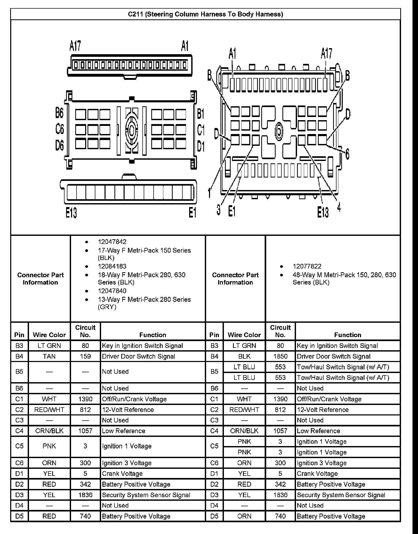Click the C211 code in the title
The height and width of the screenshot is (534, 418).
pyautogui.click(x=135, y=14)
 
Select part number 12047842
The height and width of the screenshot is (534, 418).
pyautogui.click(x=112, y=242)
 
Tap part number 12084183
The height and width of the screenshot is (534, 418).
pyautogui.click(x=112, y=266)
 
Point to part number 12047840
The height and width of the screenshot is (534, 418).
pyautogui.click(x=112, y=291)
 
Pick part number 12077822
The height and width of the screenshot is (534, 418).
pyautogui.click(x=307, y=266)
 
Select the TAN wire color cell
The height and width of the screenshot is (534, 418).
pyautogui.click(x=49, y=356)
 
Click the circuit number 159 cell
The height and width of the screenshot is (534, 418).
pyautogui.click(x=85, y=356)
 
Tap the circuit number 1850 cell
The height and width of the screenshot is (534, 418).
pyautogui.click(x=280, y=356)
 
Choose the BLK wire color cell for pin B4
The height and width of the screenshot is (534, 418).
pyautogui.click(x=244, y=356)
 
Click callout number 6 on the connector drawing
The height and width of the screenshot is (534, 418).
pyautogui.click(x=347, y=154)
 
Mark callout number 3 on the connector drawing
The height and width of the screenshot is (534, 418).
pyautogui.click(x=218, y=209)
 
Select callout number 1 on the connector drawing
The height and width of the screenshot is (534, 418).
pyautogui.click(x=210, y=193)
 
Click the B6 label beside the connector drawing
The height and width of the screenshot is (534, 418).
pyautogui.click(x=60, y=113)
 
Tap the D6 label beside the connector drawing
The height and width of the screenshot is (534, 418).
pyautogui.click(x=60, y=145)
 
